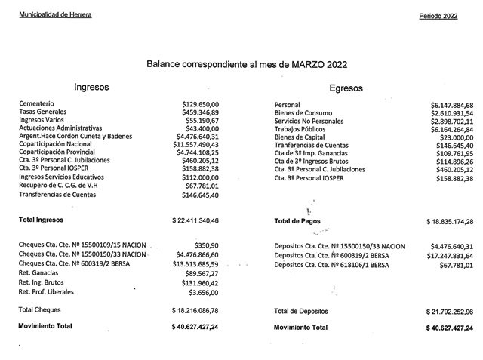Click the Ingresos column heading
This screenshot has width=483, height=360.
pos(91,87)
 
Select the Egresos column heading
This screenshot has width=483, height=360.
pos(346,88)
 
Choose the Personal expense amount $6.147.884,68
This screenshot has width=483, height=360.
pos(451,105)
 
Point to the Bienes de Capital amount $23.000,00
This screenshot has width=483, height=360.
pos(456,138)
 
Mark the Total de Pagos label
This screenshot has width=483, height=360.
pos(297,222)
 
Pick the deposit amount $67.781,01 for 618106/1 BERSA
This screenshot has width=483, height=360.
pos(455,265)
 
